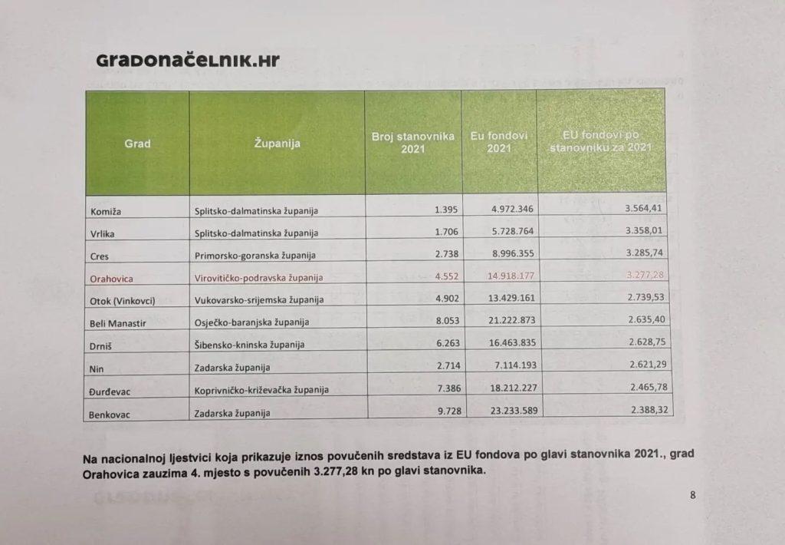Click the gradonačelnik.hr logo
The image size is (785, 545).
pyautogui.click(x=188, y=61)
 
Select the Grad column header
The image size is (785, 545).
pyautogui.click(x=137, y=144)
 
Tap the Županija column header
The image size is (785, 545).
pyautogui.click(x=276, y=144)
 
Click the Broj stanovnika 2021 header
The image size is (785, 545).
pyautogui.click(x=413, y=142)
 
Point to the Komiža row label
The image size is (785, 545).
pyautogui.click(x=107, y=209)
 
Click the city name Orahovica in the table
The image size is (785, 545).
pyautogui.click(x=112, y=279)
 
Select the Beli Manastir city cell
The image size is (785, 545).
pyautogui.click(x=118, y=323)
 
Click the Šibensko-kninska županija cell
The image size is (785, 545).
pyautogui.click(x=250, y=345)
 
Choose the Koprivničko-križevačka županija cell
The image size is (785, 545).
pyautogui.click(x=262, y=390)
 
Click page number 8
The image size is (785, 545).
pyautogui.click(x=692, y=495)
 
